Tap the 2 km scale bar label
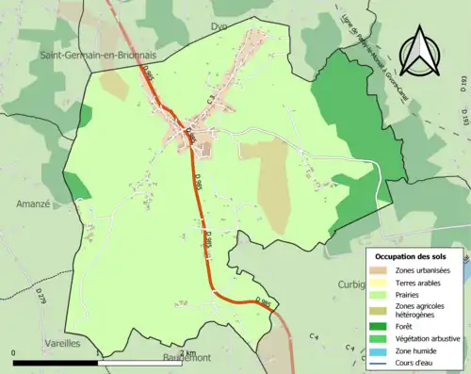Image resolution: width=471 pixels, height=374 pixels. pyautogui.click(x=186, y=354)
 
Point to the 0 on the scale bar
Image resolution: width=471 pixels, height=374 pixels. pyautogui.click(x=14, y=354)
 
